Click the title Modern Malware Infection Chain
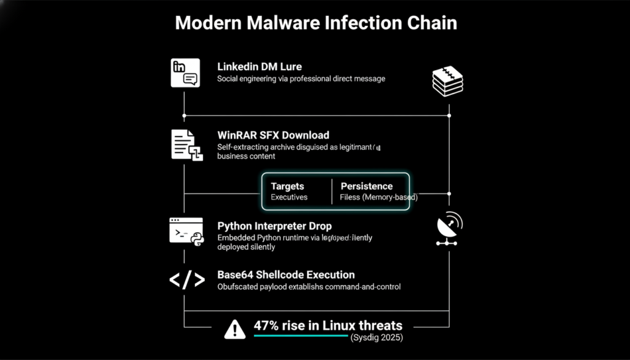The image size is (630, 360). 316,23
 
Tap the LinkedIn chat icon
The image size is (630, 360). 185,73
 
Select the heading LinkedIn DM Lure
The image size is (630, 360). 259,66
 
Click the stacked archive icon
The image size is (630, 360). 448,81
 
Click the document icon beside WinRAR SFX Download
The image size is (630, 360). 186,146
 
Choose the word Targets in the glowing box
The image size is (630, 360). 287,186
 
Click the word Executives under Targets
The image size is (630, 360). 289,198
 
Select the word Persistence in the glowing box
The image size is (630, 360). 366,186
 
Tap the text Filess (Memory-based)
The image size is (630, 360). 378,198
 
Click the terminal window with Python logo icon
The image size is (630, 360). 186,231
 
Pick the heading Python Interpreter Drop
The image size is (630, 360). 274,226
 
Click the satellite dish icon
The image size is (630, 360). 449,229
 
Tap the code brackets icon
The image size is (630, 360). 186,280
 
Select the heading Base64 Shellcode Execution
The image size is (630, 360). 285,274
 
